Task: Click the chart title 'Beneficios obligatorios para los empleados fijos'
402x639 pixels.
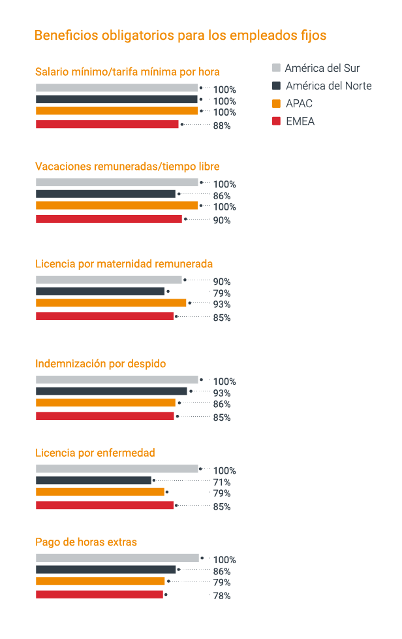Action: (x=180, y=35)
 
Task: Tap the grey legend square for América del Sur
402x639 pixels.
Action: (x=276, y=68)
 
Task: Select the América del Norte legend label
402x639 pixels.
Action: (x=328, y=86)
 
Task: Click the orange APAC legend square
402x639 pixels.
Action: (x=276, y=103)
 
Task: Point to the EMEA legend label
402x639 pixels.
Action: (x=300, y=121)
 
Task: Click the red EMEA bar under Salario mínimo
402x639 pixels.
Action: (x=107, y=124)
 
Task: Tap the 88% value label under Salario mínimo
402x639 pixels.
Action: (x=222, y=125)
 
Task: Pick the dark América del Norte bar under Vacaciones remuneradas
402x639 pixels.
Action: (x=106, y=194)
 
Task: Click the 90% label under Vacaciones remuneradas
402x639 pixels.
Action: (x=222, y=220)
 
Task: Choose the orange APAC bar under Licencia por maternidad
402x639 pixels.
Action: (x=111, y=303)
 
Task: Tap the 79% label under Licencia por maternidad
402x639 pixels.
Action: (x=222, y=293)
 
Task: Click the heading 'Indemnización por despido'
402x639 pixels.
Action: (x=100, y=363)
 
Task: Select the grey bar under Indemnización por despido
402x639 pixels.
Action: (x=117, y=380)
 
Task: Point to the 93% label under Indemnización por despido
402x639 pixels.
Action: (x=222, y=393)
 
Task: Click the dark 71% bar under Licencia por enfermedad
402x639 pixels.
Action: (x=93, y=480)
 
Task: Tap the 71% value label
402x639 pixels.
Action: (x=222, y=482)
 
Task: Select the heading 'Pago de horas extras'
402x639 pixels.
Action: (x=86, y=542)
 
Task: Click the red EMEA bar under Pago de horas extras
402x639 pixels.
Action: (x=99, y=595)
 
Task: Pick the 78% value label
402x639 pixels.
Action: (x=222, y=596)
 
